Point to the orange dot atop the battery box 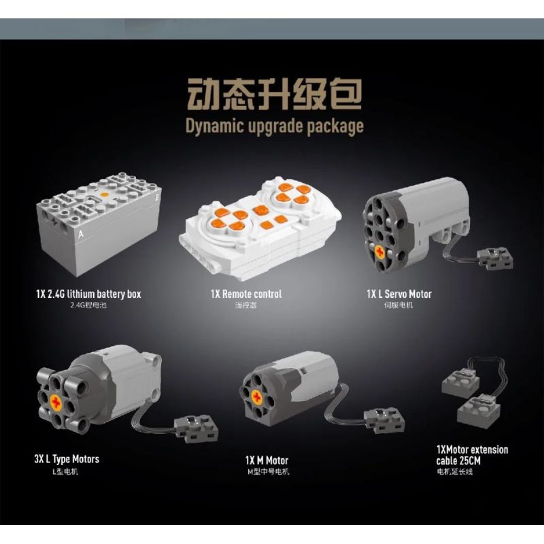pyautogui.click(x=105, y=194)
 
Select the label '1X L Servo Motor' pyautogui.click(x=398, y=294)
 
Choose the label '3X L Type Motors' pyautogui.click(x=67, y=459)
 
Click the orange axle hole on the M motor pyautogui.click(x=259, y=398)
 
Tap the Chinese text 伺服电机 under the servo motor pyautogui.click(x=398, y=305)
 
